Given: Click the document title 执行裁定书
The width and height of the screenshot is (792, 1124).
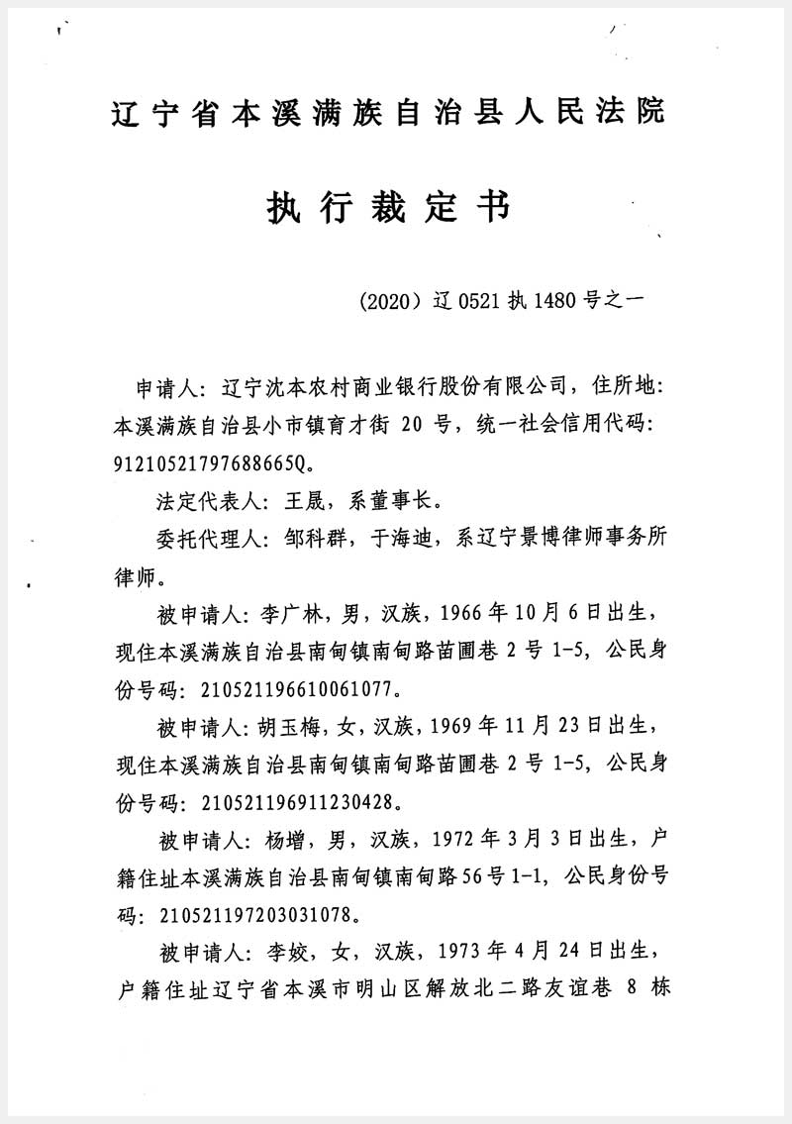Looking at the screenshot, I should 388,208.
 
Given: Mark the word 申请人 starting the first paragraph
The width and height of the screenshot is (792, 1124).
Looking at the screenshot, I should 166,386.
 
